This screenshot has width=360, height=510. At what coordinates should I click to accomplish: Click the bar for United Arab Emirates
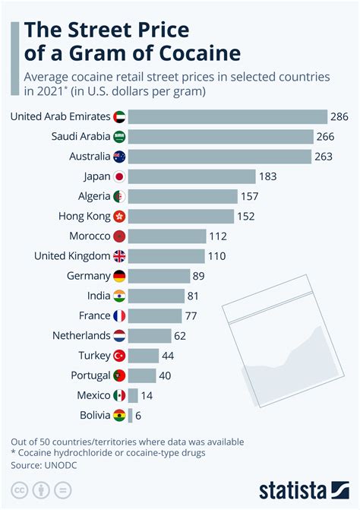[227, 117]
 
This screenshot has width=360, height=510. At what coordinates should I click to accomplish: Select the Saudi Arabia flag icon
[119, 137]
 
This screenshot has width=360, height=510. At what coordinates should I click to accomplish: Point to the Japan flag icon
[119, 176]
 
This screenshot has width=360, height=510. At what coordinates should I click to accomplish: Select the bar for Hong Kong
[182, 216]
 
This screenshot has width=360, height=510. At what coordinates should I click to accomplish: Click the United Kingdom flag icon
[119, 256]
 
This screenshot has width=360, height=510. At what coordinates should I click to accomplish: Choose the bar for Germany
[159, 276]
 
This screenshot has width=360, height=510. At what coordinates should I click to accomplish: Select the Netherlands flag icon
[119, 335]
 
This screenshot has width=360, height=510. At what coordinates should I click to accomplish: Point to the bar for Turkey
[143, 355]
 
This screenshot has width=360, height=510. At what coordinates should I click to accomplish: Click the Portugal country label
[86, 375]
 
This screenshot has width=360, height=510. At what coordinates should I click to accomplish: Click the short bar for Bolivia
[130, 415]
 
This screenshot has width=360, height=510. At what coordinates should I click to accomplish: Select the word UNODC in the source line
[61, 464]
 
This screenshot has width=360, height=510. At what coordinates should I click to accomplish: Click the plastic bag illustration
[281, 334]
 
